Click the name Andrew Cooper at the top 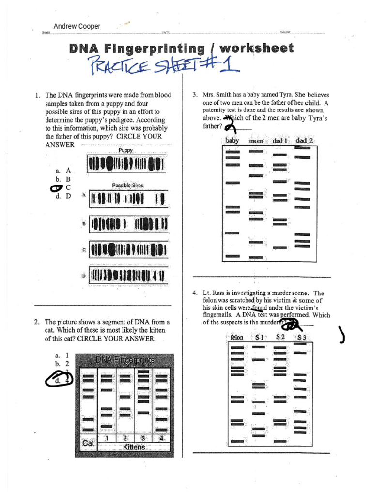click(x=77, y=26)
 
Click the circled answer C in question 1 click(x=60, y=187)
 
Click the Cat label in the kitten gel click(x=88, y=443)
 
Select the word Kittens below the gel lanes click(x=134, y=447)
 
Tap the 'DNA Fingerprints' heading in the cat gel click(x=125, y=360)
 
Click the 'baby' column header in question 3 click(x=232, y=140)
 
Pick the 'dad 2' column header click(x=304, y=140)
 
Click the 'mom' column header click(x=256, y=141)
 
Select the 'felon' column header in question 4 click(x=237, y=337)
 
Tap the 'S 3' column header click(x=301, y=337)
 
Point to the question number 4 click(x=194, y=293)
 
